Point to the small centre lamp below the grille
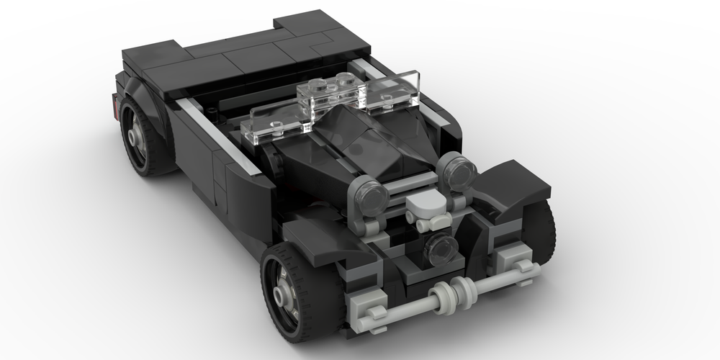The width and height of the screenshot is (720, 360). (440, 246)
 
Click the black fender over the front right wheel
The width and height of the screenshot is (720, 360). (515, 184)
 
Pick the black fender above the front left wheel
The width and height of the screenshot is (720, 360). (317, 241)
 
